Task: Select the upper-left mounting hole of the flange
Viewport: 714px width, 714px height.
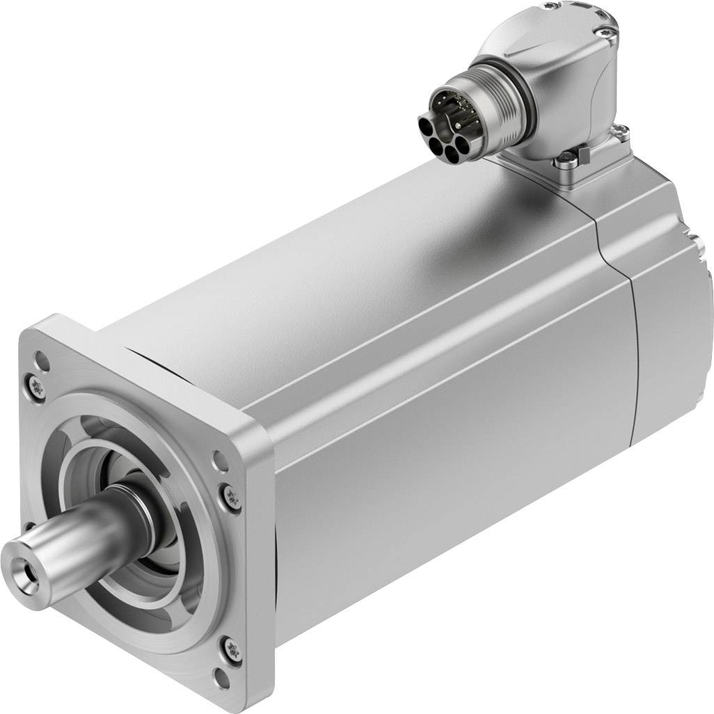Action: [x=42, y=360]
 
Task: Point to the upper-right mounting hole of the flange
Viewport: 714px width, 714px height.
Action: [x=221, y=459]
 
